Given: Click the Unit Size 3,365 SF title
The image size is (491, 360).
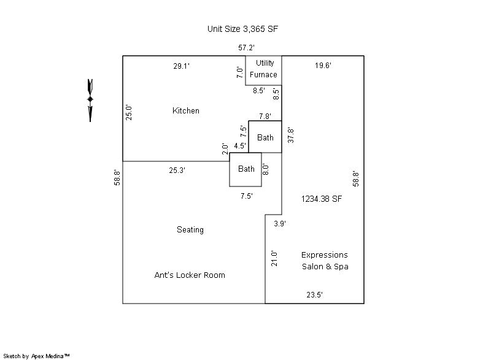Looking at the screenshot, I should pyautogui.click(x=245, y=29).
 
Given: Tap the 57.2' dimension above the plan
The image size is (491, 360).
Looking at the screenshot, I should pyautogui.click(x=247, y=47).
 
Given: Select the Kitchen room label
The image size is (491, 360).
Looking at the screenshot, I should pyautogui.click(x=186, y=111).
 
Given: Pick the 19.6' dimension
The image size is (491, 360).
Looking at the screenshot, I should pyautogui.click(x=323, y=66).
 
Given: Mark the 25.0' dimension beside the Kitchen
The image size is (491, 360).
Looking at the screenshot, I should pyautogui.click(x=130, y=112).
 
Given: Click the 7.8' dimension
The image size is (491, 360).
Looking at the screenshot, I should pyautogui.click(x=265, y=116).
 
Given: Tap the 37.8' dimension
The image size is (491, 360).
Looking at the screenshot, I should pyautogui.click(x=291, y=136).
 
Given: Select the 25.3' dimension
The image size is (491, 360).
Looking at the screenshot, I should pyautogui.click(x=177, y=170).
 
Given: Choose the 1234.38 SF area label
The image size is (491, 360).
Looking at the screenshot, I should pyautogui.click(x=322, y=199).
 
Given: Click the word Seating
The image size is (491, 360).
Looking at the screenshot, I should pyautogui.click(x=190, y=230).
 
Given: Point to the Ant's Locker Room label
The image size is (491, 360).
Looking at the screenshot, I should pyautogui.click(x=190, y=275).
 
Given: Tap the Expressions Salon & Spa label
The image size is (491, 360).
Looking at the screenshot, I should pyautogui.click(x=325, y=261).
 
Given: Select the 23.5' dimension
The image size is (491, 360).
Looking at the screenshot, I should pyautogui.click(x=314, y=295).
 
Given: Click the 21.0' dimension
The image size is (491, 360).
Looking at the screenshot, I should pyautogui.click(x=274, y=258).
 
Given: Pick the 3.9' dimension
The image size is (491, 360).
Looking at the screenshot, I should pyautogui.click(x=279, y=224).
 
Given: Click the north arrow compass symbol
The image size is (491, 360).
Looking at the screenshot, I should pyautogui.click(x=90, y=99).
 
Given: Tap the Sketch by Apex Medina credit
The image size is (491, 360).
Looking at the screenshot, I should pyautogui.click(x=36, y=356).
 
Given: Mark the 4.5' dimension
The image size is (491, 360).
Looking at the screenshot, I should pyautogui.click(x=240, y=146).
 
